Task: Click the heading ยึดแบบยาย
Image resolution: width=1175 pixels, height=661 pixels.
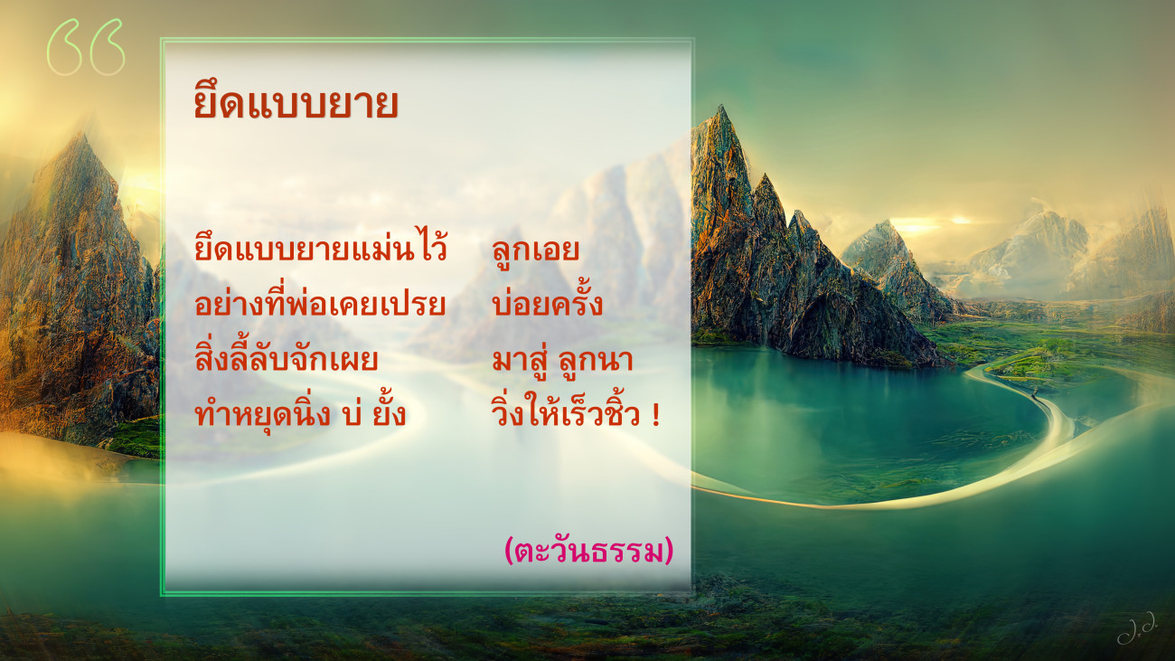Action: pos(296,102)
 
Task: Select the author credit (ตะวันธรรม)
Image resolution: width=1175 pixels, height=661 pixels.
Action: pos(588,550)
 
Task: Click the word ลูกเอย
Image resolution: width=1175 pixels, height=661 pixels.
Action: pos(536,250)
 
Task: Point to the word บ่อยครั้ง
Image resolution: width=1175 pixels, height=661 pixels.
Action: pos(547,303)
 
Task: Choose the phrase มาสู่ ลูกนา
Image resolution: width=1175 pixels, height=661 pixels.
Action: pos(562,359)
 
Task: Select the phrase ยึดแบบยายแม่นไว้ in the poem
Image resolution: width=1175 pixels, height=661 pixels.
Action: pos(320,246)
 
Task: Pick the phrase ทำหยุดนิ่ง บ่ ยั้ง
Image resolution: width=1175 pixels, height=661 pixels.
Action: pos(300,411)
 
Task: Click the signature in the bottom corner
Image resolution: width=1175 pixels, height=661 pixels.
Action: pos(1136,634)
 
